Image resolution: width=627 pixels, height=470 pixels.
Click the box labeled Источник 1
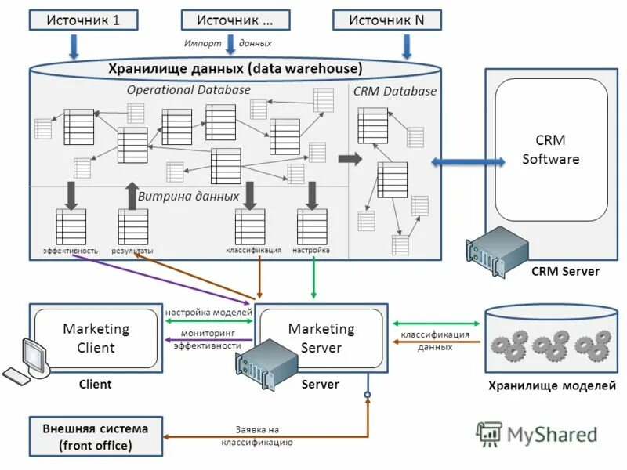tap(83, 20)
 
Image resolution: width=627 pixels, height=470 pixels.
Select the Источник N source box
tap(386, 20)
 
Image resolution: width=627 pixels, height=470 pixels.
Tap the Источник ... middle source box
tap(235, 20)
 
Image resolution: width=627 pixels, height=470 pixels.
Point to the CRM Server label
tap(565, 272)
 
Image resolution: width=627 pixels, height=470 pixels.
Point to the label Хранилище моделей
tap(552, 385)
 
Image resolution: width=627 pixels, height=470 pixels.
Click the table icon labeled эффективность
tap(71, 226)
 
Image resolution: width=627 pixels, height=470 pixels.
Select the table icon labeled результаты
tap(132, 226)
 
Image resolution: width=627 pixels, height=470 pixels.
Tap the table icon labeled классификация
tap(250, 226)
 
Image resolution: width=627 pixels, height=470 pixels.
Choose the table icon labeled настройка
tap(312, 226)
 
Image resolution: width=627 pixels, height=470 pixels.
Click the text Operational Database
tap(188, 90)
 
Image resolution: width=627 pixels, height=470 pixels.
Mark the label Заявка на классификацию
tap(257, 436)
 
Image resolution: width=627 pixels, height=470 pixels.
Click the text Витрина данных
tap(188, 196)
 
